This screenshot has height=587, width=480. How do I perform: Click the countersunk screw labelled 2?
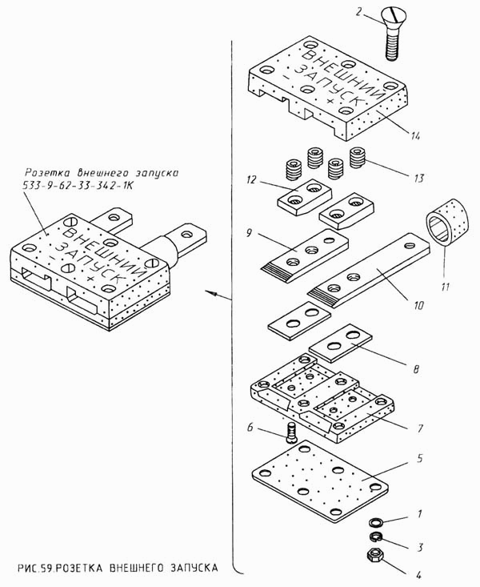click(x=391, y=34)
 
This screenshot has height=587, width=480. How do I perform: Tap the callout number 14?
click(x=414, y=135)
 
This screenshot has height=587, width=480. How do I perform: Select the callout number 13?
click(x=419, y=179)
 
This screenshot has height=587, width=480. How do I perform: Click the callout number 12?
click(x=251, y=179)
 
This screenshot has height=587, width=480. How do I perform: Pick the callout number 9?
click(x=250, y=233)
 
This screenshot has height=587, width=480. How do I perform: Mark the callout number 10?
click(x=418, y=305)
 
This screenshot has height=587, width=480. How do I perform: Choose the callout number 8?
click(x=416, y=369)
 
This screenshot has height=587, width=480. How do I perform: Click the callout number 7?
click(x=420, y=428)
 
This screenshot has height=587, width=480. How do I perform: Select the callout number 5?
click(x=420, y=458)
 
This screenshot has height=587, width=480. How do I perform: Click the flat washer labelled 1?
click(x=374, y=523)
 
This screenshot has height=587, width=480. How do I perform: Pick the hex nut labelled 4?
click(x=374, y=555)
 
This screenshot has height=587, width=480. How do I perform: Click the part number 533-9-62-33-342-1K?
click(x=78, y=186)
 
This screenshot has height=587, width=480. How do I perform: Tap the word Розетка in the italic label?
click(x=46, y=173)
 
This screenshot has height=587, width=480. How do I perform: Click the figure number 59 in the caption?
click(x=48, y=568)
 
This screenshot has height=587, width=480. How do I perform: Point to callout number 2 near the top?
click(x=358, y=12)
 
